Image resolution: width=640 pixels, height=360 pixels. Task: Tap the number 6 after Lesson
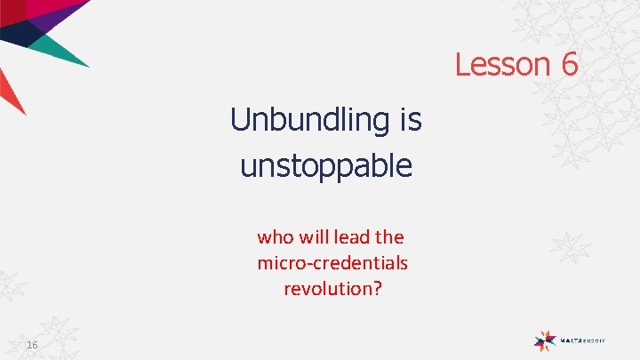tap(569, 64)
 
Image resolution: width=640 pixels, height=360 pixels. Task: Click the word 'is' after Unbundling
tap(409, 119)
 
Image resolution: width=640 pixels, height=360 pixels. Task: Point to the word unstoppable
tap(326, 164)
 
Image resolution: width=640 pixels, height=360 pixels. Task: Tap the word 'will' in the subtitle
tap(309, 237)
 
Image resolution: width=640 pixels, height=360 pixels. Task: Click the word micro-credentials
tap(332, 263)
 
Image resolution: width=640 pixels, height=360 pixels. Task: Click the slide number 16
tap(32, 345)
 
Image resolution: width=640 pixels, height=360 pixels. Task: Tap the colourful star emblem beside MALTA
tap(546, 339)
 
